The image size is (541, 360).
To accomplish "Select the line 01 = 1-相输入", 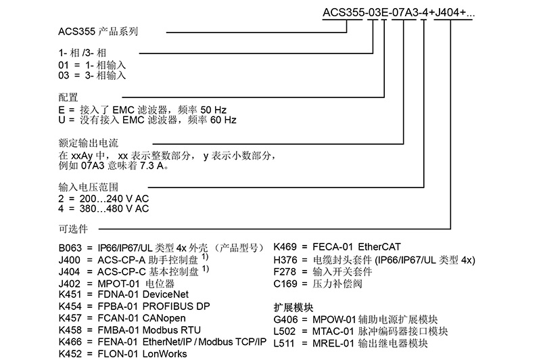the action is click(93, 65).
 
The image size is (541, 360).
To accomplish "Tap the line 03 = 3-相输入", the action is click(93, 75).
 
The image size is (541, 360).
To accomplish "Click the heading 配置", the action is click(69, 97).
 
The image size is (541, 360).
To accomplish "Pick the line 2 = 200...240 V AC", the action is click(104, 198).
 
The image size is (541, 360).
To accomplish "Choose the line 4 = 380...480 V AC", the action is click(104, 209).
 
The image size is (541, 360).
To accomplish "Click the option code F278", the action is click(285, 272).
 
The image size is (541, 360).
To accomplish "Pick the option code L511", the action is click(285, 342).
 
